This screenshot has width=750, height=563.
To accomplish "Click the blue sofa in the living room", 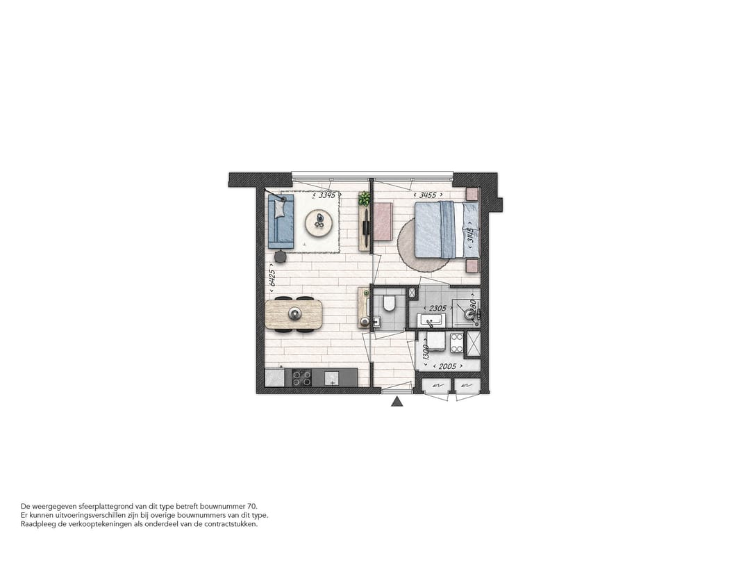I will pos(281,220).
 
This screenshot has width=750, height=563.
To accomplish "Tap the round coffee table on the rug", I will pos(319,222).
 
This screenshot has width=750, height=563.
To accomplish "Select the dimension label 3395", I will pos(326,195).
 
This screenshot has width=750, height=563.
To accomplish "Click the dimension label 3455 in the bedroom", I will pos(427,195).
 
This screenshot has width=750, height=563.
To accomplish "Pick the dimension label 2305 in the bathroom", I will pos(437,307).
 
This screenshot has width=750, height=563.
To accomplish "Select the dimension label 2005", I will pos(444,366).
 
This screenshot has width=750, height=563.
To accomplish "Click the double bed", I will pos(444,229).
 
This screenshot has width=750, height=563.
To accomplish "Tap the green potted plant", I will pos(365,199).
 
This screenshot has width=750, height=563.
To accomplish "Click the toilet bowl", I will pos(389,304).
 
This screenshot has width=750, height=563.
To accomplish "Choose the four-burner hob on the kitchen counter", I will pos(301,377).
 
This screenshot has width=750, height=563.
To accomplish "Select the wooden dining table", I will pos(294,314).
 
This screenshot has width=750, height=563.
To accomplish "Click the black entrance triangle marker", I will pos(397,401).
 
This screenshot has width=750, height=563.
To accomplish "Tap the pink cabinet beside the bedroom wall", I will pos(383,221).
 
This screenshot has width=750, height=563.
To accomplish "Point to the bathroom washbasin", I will pos(431,320).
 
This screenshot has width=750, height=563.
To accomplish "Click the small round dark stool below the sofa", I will pos(280,256).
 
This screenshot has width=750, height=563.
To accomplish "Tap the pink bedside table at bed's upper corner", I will pos(472,194).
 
